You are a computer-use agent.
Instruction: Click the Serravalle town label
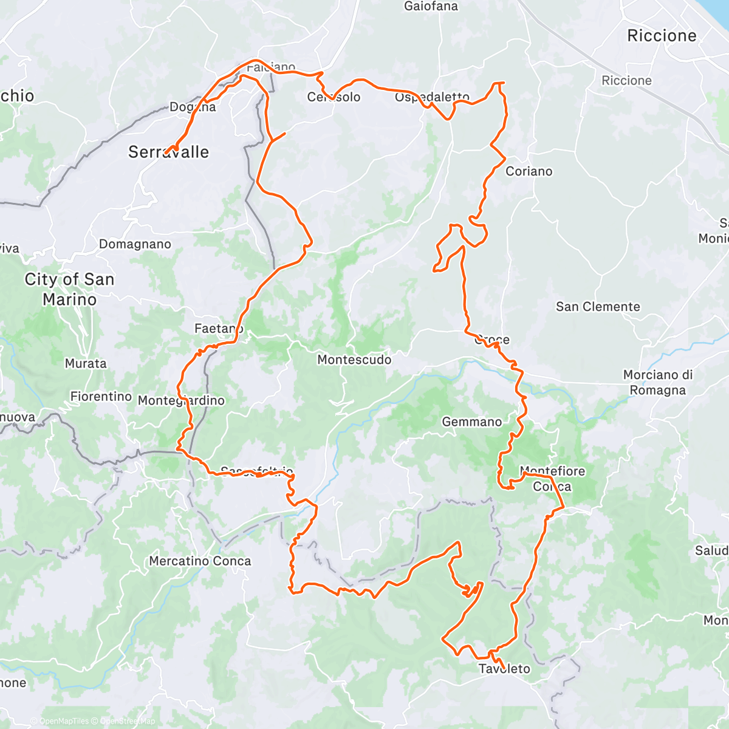[x=168, y=152]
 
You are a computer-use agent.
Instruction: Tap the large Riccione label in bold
[x=662, y=36]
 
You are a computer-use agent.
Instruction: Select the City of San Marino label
[x=69, y=289]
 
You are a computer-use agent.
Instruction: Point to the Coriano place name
[x=529, y=171]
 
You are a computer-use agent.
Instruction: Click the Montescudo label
[x=354, y=360]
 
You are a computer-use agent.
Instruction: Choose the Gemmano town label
[x=472, y=422]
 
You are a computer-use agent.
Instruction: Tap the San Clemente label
[x=598, y=307]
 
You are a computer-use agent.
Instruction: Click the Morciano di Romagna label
[x=658, y=383]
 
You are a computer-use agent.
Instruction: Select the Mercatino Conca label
[x=200, y=561]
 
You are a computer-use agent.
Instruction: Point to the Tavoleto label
[x=504, y=669]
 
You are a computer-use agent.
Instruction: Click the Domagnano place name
[x=135, y=244]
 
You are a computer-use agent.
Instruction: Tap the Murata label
[x=86, y=363]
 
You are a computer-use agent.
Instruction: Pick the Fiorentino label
[x=101, y=396]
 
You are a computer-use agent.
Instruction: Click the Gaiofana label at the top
[x=431, y=7]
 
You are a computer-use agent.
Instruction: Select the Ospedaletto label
[x=432, y=97]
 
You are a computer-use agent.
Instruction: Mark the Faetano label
[x=219, y=329]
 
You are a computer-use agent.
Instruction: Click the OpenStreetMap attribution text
[x=128, y=721]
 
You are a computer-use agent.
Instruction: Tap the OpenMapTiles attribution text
[x=64, y=721]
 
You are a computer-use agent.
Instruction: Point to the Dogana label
[x=193, y=107]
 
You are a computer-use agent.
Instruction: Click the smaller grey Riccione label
[x=626, y=81]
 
